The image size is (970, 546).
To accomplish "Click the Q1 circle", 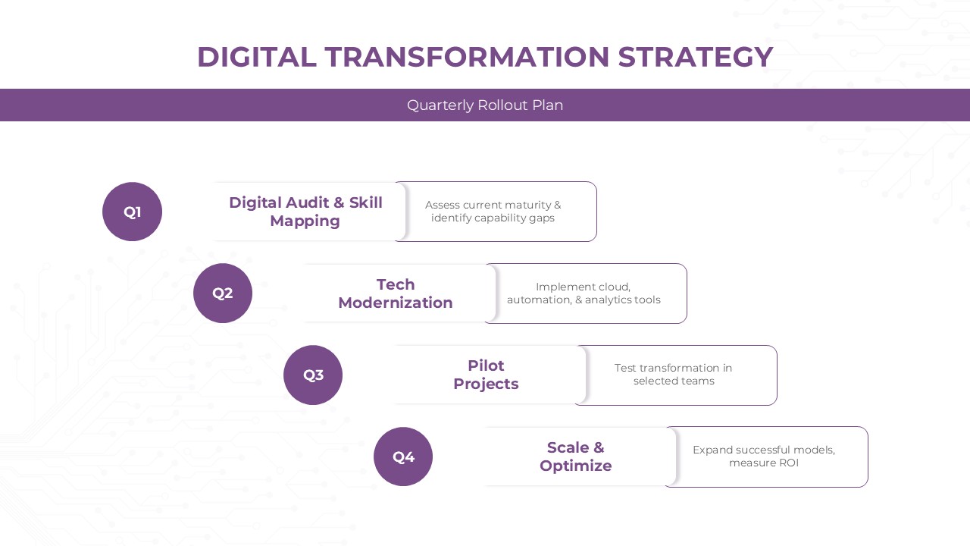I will pos(132,212).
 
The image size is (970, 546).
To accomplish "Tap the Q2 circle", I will pos(222,293).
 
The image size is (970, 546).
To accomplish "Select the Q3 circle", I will pos(313,375).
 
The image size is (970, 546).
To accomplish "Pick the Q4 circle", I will pos(403,457).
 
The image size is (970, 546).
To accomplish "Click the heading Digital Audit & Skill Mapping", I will pos(305,212).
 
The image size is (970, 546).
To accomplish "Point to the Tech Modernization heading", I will pos(395,293).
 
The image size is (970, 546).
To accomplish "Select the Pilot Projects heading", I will pos(486,375).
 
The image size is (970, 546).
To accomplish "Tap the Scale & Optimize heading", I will pos(575,457).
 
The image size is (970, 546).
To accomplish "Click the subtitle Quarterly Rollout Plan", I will pos(485,105).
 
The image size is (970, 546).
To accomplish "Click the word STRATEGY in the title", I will pos(695,57).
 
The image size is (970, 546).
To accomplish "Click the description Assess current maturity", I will pos(493,212).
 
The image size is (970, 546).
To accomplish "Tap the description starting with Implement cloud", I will pos(584,293).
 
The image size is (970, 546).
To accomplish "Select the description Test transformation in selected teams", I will pos(674,375).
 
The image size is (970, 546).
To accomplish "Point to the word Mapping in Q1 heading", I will pos(305,221).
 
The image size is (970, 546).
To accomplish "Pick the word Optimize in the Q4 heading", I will pos(575,466).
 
